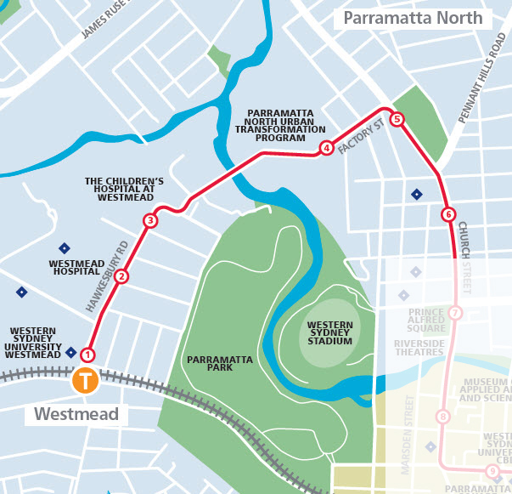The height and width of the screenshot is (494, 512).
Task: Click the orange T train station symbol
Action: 86,379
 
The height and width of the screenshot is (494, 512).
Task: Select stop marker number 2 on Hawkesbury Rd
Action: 121,275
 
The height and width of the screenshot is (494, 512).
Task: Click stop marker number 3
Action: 150,221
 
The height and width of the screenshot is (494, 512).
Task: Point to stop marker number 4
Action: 326,148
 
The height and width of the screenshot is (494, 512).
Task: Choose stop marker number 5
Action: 396,120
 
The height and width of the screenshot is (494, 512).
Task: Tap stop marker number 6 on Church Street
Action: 448,214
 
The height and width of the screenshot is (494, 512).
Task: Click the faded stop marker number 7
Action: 456,313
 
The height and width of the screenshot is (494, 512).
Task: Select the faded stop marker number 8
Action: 442,417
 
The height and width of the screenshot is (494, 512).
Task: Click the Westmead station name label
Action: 80,415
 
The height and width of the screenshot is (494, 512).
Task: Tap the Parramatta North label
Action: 412,18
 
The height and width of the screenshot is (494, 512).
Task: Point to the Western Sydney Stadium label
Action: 329,332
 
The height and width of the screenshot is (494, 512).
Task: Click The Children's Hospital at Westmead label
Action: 124,189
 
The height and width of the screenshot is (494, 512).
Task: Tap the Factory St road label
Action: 361,136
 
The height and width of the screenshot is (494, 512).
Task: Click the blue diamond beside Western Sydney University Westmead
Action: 70,352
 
